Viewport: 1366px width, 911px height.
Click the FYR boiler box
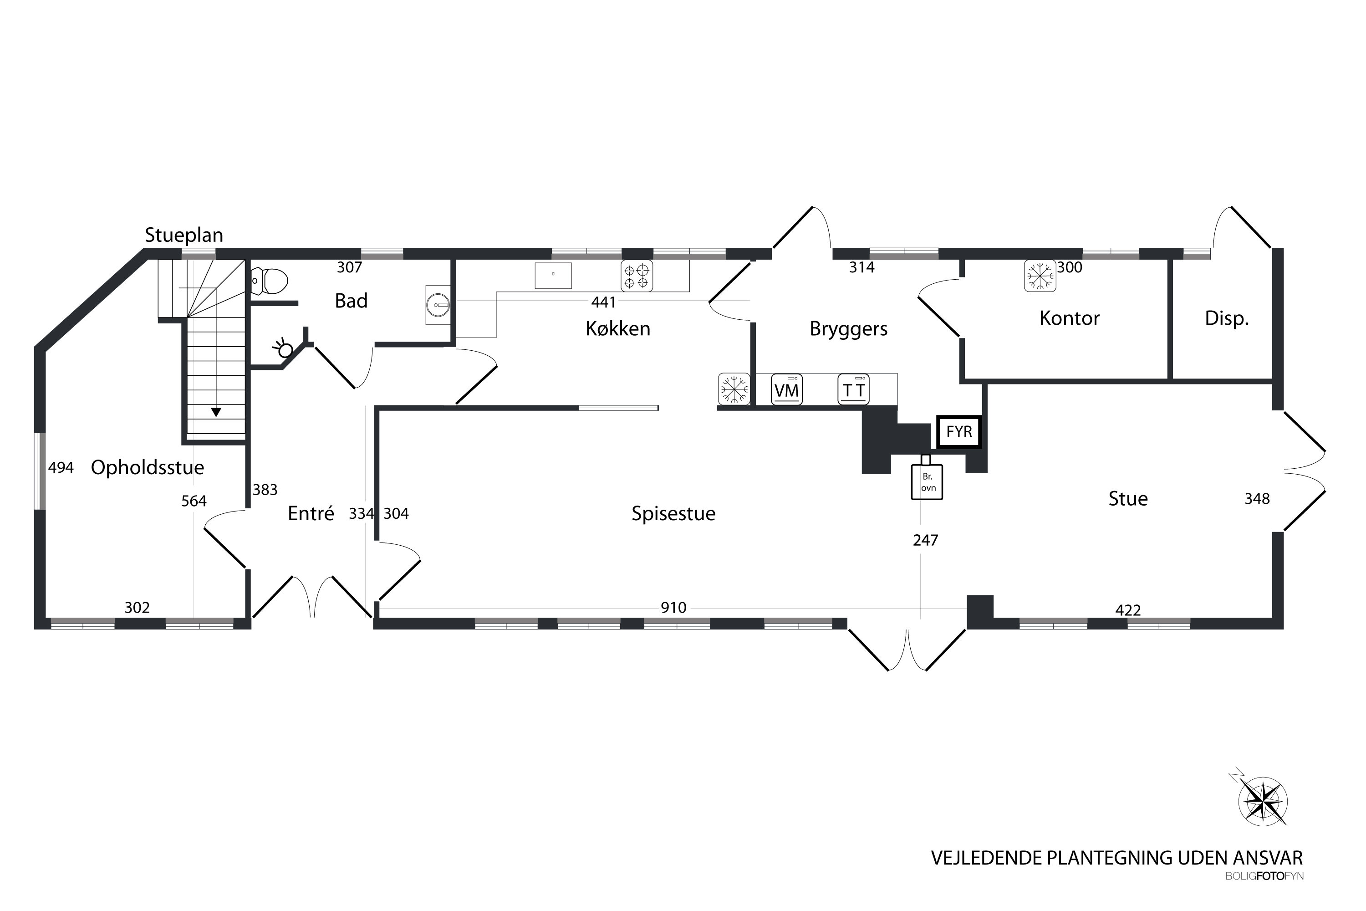click(x=959, y=432)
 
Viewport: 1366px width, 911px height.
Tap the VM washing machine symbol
click(x=787, y=389)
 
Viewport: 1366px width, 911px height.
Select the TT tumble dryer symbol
click(x=854, y=389)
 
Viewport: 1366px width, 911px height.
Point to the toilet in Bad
click(x=270, y=281)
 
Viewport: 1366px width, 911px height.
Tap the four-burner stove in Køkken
click(x=637, y=276)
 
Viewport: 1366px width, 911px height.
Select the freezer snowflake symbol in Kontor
click(x=1040, y=276)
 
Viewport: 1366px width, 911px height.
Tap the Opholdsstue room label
click(x=148, y=468)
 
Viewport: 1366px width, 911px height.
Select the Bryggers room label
click(x=849, y=329)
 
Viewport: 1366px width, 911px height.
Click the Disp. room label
click(x=1227, y=318)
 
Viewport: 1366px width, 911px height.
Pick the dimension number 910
click(x=674, y=608)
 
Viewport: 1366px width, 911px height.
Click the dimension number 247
click(x=925, y=540)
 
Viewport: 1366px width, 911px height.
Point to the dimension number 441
click(x=603, y=302)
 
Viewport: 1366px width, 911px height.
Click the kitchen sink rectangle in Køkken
click(x=553, y=276)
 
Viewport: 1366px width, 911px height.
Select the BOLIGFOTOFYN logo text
click(x=1264, y=876)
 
